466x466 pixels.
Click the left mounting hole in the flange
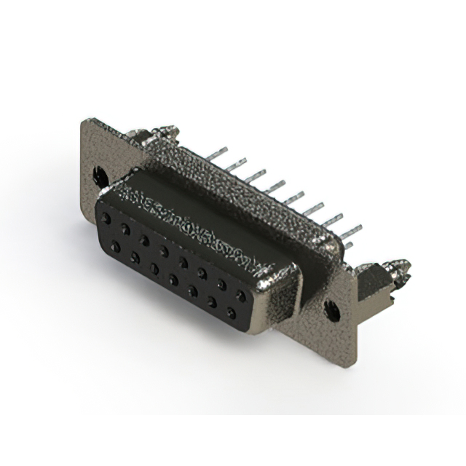coord(100,175)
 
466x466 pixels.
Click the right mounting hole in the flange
coord(333,310)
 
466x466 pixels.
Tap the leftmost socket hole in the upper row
coord(107,218)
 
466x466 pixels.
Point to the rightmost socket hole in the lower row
coord(231,314)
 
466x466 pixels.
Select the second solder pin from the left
coord(237,165)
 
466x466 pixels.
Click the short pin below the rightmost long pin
coord(348,246)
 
